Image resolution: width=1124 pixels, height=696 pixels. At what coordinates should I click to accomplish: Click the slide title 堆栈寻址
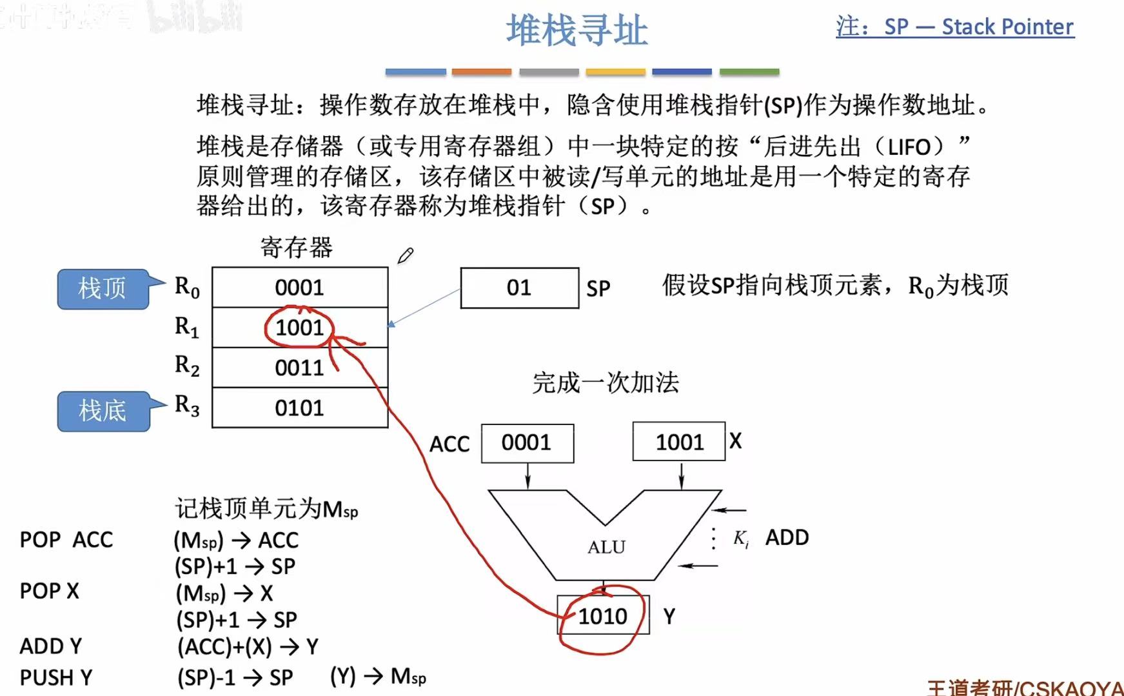point(577,31)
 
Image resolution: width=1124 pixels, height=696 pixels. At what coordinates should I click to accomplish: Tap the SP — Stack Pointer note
point(955,27)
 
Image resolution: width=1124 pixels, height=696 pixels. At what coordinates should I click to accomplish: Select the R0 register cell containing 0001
point(300,288)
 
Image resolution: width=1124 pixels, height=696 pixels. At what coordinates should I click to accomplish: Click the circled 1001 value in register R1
point(300,328)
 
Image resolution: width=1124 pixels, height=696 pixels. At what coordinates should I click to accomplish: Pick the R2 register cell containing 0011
point(300,368)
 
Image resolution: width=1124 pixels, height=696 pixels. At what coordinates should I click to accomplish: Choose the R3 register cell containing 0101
point(300,408)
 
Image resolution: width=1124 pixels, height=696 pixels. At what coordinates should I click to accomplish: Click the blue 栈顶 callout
point(103,288)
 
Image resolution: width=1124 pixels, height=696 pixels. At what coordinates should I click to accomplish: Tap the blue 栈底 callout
point(103,411)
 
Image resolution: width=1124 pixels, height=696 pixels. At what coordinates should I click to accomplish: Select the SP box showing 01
point(519,288)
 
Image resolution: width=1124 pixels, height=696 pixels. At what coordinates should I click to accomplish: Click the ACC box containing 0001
point(527,443)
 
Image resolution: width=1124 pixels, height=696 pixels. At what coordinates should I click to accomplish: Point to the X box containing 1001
point(679,442)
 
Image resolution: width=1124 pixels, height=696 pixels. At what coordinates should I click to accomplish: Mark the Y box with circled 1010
point(603,616)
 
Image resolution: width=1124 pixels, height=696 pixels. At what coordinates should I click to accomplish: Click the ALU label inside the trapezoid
point(606,547)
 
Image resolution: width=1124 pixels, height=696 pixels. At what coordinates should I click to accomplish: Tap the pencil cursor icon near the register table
point(405,256)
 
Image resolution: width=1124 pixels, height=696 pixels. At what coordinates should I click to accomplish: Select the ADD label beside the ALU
point(787,537)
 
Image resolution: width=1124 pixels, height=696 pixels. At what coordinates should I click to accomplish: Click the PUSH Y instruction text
point(56,678)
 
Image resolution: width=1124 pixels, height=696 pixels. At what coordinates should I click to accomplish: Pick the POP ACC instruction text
point(66,539)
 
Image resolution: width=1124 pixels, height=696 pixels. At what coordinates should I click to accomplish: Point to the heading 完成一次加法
point(606,383)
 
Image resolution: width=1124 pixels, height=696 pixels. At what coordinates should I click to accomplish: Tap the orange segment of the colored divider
point(482,72)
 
